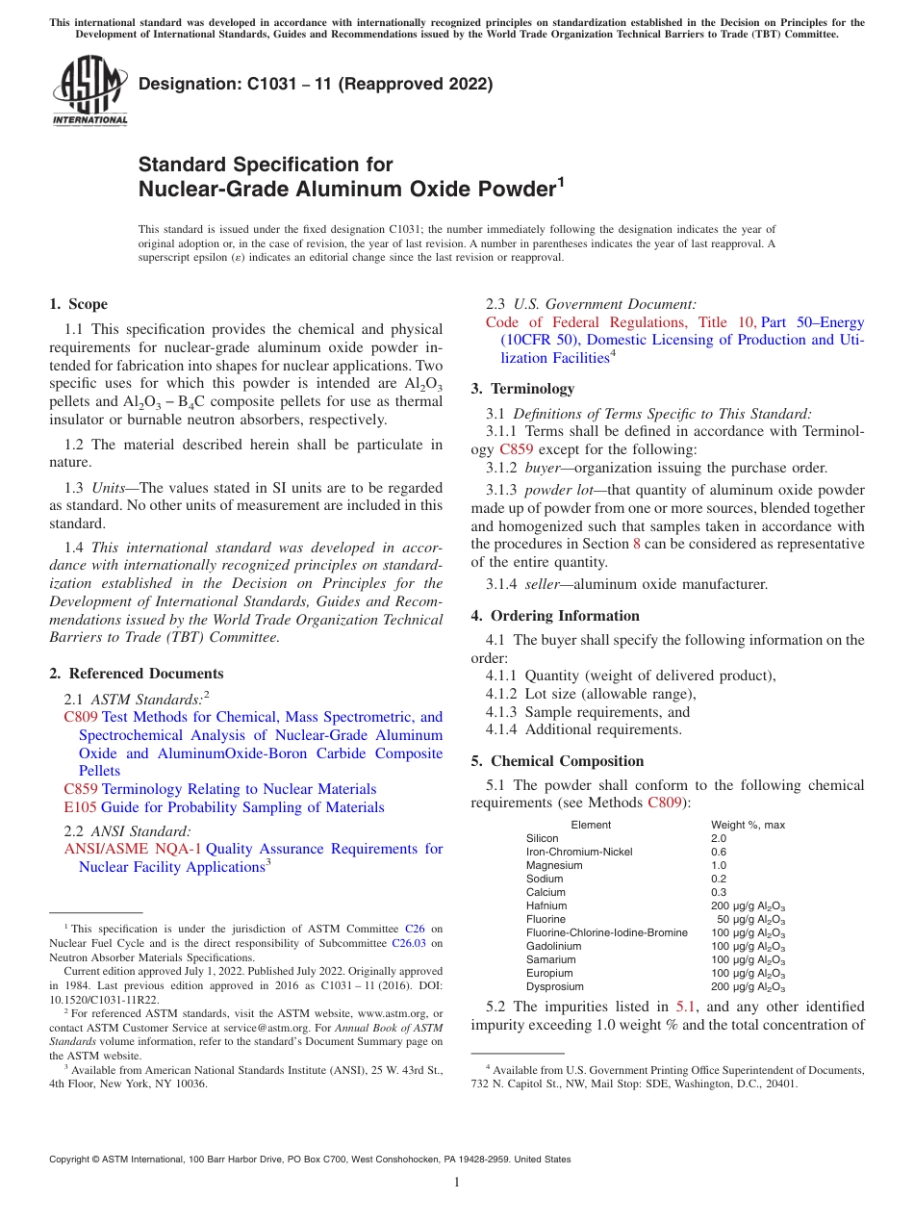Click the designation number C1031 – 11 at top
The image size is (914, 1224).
click(316, 85)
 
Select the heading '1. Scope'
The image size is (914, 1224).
click(78, 305)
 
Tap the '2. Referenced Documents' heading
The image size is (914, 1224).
click(136, 674)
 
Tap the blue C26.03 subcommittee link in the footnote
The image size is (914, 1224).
click(408, 944)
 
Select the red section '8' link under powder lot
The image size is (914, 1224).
click(636, 544)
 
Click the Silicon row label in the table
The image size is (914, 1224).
click(542, 838)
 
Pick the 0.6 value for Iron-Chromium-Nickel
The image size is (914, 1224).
click(719, 852)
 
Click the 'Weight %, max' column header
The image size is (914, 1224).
click(748, 825)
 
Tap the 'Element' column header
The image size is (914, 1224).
click(591, 825)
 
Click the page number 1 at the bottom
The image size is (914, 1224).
click(457, 1182)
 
